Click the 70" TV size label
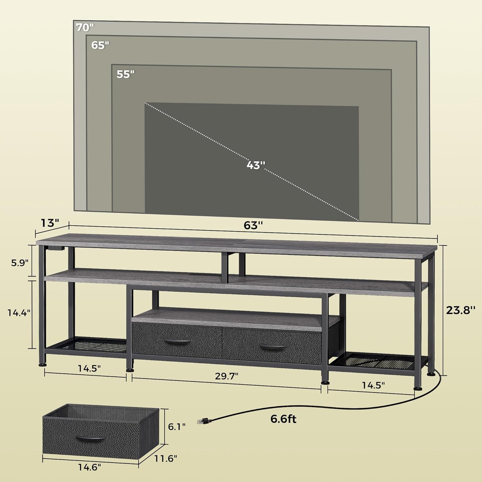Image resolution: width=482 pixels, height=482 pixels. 85,27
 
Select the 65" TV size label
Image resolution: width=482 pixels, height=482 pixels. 100,45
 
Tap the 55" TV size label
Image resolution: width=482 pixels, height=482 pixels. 125,74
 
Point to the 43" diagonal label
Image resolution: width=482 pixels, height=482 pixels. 256,165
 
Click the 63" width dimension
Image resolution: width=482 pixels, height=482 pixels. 253,225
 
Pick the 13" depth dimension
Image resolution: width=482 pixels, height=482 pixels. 50,223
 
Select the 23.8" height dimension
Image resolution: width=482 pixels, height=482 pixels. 460,310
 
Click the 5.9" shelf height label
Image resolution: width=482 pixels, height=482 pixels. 20,263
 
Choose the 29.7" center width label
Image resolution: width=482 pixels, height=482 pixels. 227,376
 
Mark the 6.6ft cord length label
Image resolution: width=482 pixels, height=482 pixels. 283,419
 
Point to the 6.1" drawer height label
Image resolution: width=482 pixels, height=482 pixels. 177,427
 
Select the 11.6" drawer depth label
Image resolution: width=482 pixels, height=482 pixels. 165,458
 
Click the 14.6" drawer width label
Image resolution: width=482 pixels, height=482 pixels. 89,467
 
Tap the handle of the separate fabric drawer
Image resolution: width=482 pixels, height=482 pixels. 90,438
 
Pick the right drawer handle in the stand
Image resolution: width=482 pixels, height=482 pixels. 273,347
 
